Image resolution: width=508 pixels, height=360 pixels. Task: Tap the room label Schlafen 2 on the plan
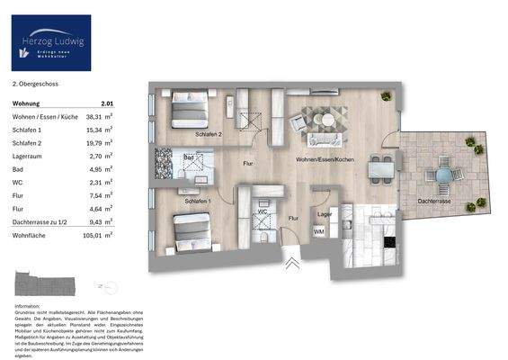tap(210, 134)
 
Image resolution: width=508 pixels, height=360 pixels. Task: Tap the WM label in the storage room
tap(318, 232)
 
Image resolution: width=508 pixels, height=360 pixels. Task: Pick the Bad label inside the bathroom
tap(190, 157)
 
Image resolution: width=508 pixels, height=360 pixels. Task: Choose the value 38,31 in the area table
tap(95, 117)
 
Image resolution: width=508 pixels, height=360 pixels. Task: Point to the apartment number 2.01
tap(106, 104)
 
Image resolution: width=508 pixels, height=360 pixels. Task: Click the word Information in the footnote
tap(27, 306)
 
